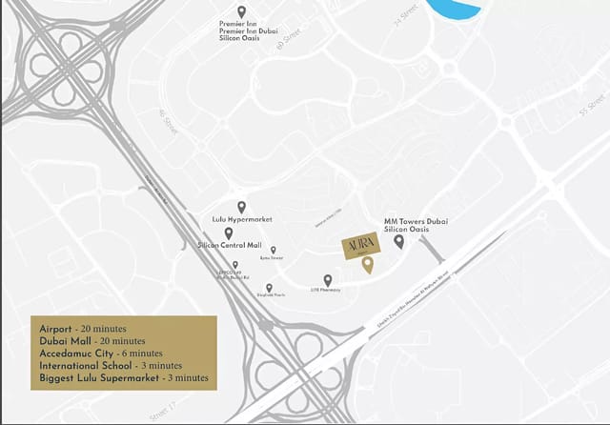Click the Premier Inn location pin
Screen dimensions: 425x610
pos(241,12)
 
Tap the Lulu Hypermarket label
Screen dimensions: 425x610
pos(241,220)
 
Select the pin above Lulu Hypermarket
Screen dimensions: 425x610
pos(241,207)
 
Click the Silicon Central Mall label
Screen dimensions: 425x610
pos(229,246)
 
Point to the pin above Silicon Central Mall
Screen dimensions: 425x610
pos(229,233)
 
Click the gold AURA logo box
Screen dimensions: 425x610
pos(361,245)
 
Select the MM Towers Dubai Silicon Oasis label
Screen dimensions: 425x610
pos(416,226)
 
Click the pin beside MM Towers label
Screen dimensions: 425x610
pos(398,241)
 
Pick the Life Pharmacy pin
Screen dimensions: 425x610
pos(328,279)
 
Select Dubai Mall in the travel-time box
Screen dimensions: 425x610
pos(63,338)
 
